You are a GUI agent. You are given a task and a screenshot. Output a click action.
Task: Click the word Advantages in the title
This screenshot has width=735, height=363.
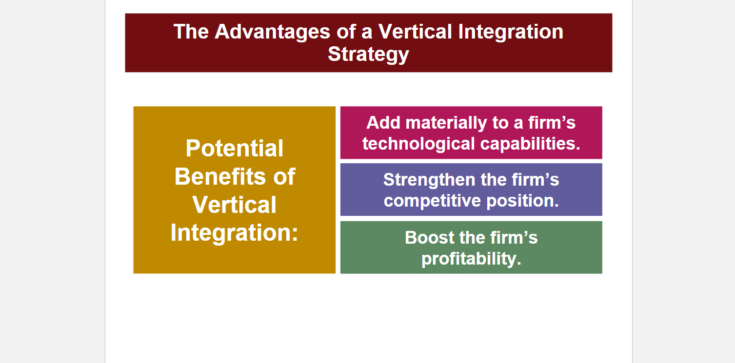click(x=272, y=32)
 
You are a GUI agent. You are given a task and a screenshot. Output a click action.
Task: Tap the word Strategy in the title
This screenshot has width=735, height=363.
click(x=369, y=54)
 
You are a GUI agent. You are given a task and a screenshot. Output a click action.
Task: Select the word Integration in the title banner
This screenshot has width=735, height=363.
click(x=511, y=32)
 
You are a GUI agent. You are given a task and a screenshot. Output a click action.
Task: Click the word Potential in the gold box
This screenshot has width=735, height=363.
click(x=234, y=149)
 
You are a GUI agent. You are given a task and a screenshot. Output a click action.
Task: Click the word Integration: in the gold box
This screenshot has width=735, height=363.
click(x=234, y=233)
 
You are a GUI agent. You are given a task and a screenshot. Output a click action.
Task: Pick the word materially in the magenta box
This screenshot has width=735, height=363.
click(x=446, y=123)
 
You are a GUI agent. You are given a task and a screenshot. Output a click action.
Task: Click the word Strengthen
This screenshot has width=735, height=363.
click(x=429, y=180)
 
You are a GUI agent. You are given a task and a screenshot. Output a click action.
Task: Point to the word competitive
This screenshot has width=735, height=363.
click(x=432, y=201)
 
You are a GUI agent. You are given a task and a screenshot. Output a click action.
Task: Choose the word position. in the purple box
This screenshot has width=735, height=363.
click(x=523, y=201)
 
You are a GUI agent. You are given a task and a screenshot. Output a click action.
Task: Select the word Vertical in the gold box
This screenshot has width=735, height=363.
click(x=234, y=205)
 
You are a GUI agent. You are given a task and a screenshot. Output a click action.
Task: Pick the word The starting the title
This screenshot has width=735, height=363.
click(x=191, y=32)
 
